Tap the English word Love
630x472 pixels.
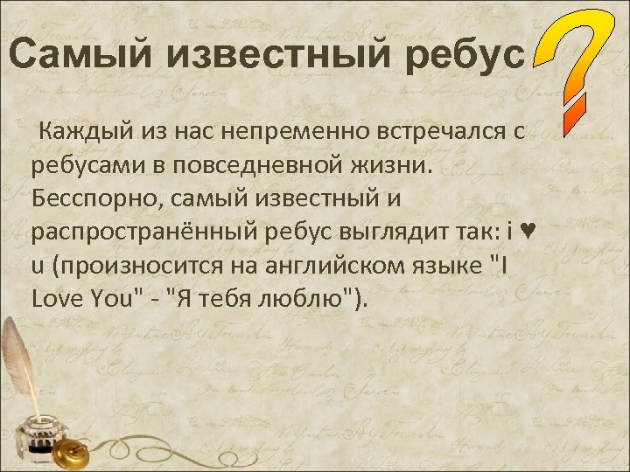(58, 299)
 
